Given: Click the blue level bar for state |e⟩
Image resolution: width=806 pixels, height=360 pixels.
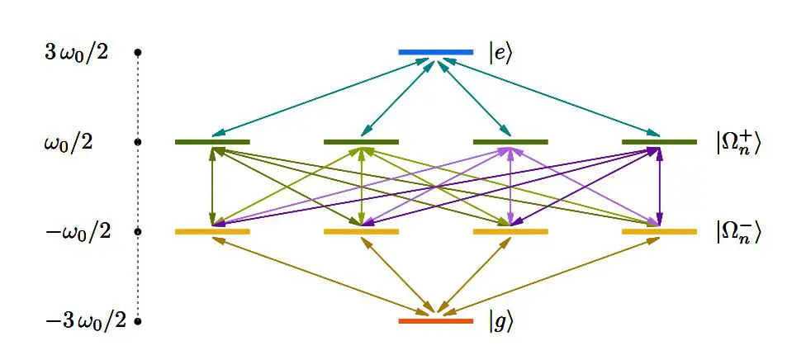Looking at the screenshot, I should click(435, 52).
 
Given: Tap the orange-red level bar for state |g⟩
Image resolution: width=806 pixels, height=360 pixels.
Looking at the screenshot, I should click(435, 320).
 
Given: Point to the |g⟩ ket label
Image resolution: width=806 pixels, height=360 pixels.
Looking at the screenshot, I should click(500, 321).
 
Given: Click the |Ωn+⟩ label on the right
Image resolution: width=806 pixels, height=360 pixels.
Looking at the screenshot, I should click(737, 143).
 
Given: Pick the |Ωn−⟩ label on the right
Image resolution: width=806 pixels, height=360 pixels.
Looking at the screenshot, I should click(737, 232).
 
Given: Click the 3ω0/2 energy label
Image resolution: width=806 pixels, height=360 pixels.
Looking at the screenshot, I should click(76, 54).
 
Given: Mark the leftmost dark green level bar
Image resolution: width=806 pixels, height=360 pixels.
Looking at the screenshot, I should click(212, 142).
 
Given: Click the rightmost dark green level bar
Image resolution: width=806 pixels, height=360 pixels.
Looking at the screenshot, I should click(659, 142).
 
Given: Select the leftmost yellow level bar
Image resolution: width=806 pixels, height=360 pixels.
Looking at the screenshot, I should click(212, 231).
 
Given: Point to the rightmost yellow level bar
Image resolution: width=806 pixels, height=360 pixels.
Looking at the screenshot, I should click(659, 231).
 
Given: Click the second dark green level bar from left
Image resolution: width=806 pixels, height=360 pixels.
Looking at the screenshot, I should click(361, 142).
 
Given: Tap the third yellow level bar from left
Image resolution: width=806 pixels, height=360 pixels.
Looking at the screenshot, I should click(510, 231).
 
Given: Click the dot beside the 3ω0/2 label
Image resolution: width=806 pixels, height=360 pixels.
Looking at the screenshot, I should click(138, 53).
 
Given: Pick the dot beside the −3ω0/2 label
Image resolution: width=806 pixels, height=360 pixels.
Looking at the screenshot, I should click(138, 320).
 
